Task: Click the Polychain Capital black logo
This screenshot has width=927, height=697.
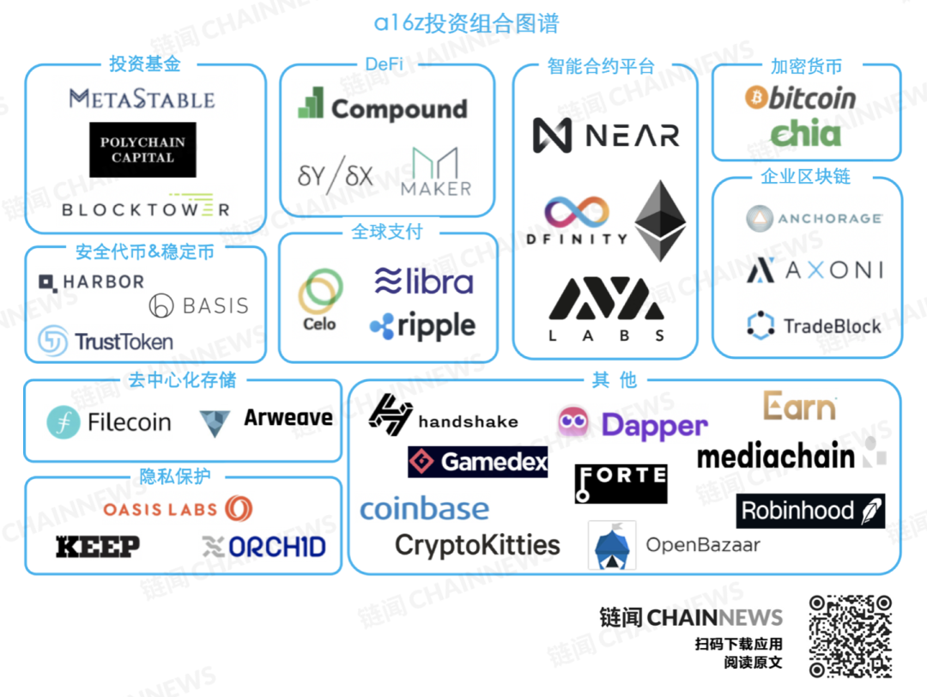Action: point(142,149)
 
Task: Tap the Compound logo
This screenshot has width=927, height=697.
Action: point(383,106)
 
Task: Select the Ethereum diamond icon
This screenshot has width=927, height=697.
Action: point(660,221)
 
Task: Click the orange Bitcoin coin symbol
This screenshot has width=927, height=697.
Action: point(755,97)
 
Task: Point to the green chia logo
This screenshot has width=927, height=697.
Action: point(805,132)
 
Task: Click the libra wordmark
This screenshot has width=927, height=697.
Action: point(424,281)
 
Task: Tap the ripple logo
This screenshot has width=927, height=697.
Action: point(422,326)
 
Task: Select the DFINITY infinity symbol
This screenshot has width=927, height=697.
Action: point(577,212)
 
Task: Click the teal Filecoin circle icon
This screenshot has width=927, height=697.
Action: point(64,422)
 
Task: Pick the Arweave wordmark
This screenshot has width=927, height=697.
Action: point(288,417)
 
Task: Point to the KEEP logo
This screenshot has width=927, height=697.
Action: point(98,546)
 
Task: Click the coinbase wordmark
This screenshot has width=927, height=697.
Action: point(425,509)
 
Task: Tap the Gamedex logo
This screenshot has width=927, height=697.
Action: point(478,462)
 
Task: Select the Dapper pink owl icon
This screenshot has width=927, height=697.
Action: point(573,421)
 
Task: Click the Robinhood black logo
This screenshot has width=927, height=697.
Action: point(810,511)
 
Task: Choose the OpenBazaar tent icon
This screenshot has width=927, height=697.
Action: point(612,545)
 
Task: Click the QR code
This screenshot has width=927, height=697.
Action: point(851,636)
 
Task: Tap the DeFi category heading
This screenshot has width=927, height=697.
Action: point(385,64)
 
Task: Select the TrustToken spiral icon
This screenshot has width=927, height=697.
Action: point(52,341)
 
